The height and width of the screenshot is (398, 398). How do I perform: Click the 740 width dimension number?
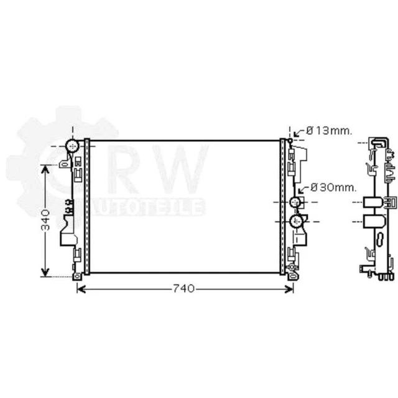(x=184, y=289)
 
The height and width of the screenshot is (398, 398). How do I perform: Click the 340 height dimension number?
(x=45, y=220)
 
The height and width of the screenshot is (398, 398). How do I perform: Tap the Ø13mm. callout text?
(x=329, y=131)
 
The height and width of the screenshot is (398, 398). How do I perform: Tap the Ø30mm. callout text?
(x=333, y=187)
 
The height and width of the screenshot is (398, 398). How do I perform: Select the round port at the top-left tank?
(x=72, y=146)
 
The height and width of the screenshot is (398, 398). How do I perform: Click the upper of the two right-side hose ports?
(x=296, y=203)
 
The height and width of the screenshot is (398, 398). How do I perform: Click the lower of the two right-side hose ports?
(x=296, y=221)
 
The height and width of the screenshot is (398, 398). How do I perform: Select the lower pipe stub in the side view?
(x=373, y=221)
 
